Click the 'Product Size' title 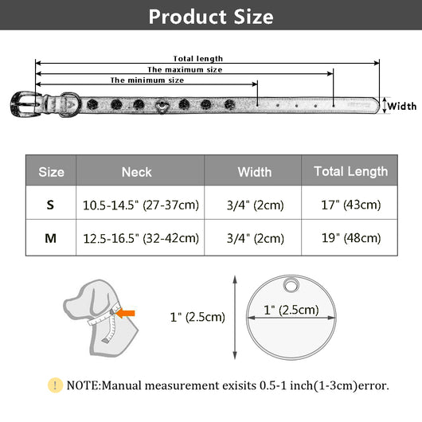pyautogui.click(x=211, y=17)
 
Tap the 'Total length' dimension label pyautogui.click(x=197, y=59)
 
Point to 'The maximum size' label pyautogui.click(x=185, y=70)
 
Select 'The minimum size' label pyautogui.click(x=147, y=80)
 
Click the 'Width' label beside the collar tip pyautogui.click(x=402, y=107)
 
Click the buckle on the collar pyautogui.click(x=25, y=104)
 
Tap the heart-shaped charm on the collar pyautogui.click(x=162, y=106)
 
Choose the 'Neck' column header pyautogui.click(x=136, y=172)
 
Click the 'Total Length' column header pyautogui.click(x=350, y=172)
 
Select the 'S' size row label pyautogui.click(x=50, y=205)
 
